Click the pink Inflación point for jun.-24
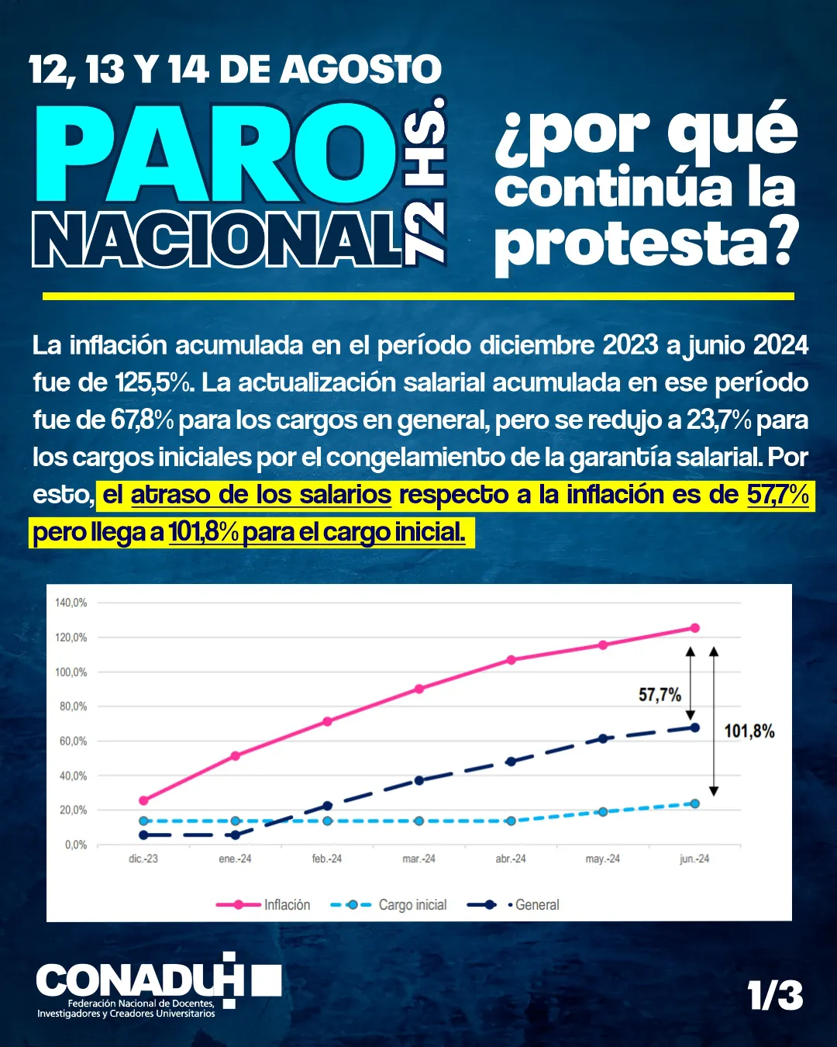pos(694,628)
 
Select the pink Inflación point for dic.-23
pos(143,800)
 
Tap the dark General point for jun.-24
pos(694,727)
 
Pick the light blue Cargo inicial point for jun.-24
pos(694,803)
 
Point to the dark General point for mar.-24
pos(418,780)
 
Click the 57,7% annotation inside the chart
pos(660,695)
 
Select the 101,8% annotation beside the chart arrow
pos(749,731)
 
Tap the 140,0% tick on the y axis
pos(71,603)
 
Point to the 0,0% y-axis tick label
pos(76,845)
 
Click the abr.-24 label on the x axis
pos(511,859)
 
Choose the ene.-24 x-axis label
pos(235,859)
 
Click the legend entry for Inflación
pos(286,905)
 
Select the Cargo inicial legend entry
pos(412,905)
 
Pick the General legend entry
pos(536,905)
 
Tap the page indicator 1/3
pos(775,996)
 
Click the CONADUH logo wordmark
pos(139,981)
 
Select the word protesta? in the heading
pos(646,244)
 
